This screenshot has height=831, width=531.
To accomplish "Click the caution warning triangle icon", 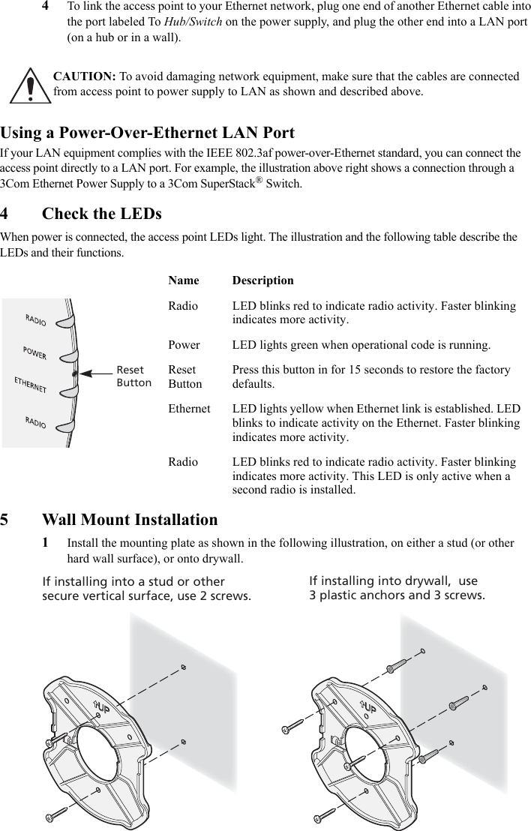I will coord(28,85).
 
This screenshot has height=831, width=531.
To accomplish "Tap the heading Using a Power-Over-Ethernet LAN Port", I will coord(148,133).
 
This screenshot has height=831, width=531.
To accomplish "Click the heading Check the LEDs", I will coord(101,214).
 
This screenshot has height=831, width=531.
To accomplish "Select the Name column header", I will coord(184,280).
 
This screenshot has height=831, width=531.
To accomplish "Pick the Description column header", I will coord(262,280).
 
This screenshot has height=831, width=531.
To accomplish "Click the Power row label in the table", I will coord(184,346).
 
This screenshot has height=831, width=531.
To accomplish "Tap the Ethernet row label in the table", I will coord(189,409).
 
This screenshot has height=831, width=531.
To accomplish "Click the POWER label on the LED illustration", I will coord(34,352).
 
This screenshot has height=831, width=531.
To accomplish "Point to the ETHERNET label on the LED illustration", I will coord(31,385).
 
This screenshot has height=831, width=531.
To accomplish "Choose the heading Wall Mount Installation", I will coord(130,520).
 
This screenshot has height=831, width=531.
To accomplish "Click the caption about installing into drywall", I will coord(397,588).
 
